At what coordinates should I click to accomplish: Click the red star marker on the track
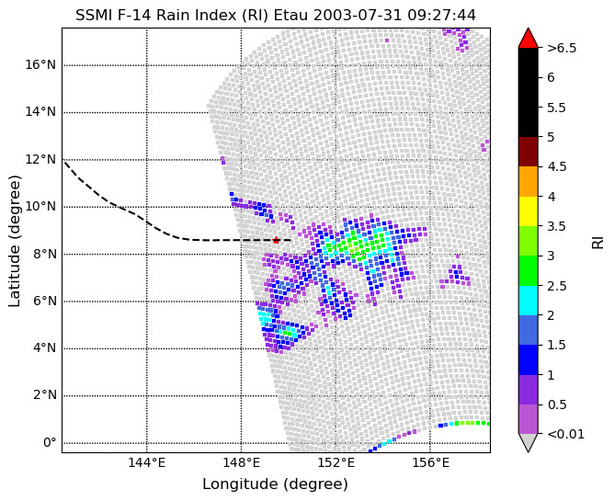276,240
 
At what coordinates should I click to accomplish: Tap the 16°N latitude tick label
40,64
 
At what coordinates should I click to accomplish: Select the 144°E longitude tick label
147,463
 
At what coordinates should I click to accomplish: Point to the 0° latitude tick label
50,443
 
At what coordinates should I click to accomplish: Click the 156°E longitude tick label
430,463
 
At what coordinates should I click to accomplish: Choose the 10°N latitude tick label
40,207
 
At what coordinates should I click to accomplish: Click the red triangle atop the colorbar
529,38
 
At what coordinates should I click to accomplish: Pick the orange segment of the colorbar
529,181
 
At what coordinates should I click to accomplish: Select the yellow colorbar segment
529,211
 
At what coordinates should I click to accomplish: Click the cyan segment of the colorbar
529,301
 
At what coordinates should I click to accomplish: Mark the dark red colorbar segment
529,152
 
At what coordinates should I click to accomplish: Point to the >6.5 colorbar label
562,48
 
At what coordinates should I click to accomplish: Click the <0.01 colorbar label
566,434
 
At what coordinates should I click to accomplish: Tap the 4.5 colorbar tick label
557,167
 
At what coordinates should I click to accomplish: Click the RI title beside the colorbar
598,242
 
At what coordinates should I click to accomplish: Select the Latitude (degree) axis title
14,241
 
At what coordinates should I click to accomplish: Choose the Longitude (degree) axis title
275,484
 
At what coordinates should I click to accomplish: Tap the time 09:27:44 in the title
442,16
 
